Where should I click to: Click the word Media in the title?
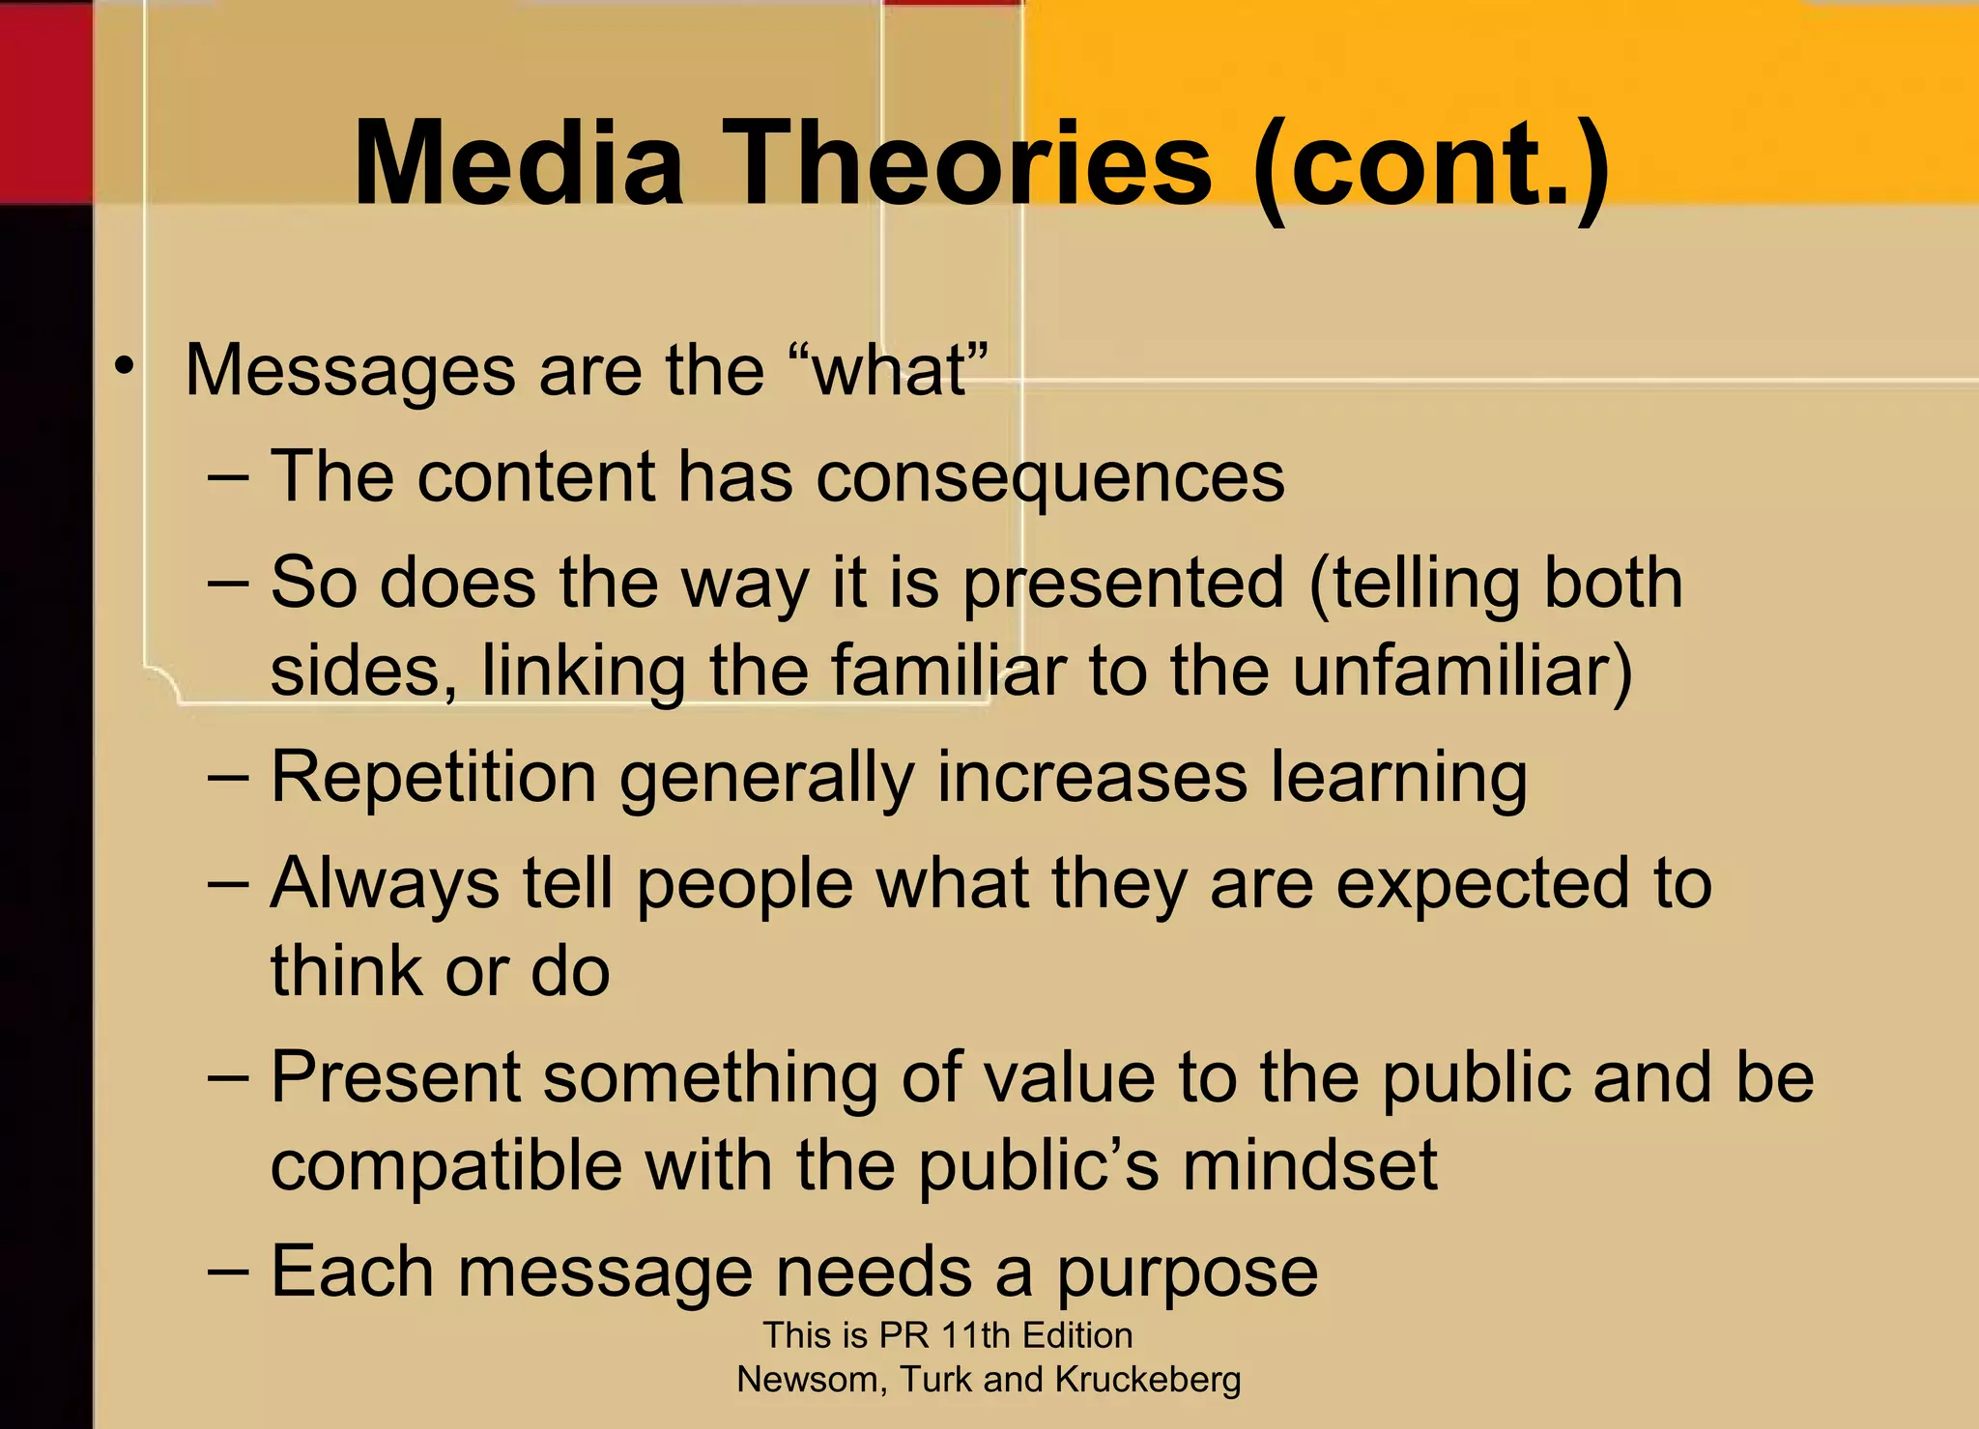(519, 162)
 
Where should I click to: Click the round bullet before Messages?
(123, 367)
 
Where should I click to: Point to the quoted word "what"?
(890, 370)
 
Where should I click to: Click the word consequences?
(1050, 477)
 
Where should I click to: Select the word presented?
(1124, 585)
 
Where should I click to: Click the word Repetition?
(434, 778)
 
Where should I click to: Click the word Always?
(385, 885)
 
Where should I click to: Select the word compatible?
(446, 1166)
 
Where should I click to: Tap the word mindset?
(1310, 1166)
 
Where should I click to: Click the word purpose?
(1187, 1273)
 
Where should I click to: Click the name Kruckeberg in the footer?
(1148, 1380)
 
